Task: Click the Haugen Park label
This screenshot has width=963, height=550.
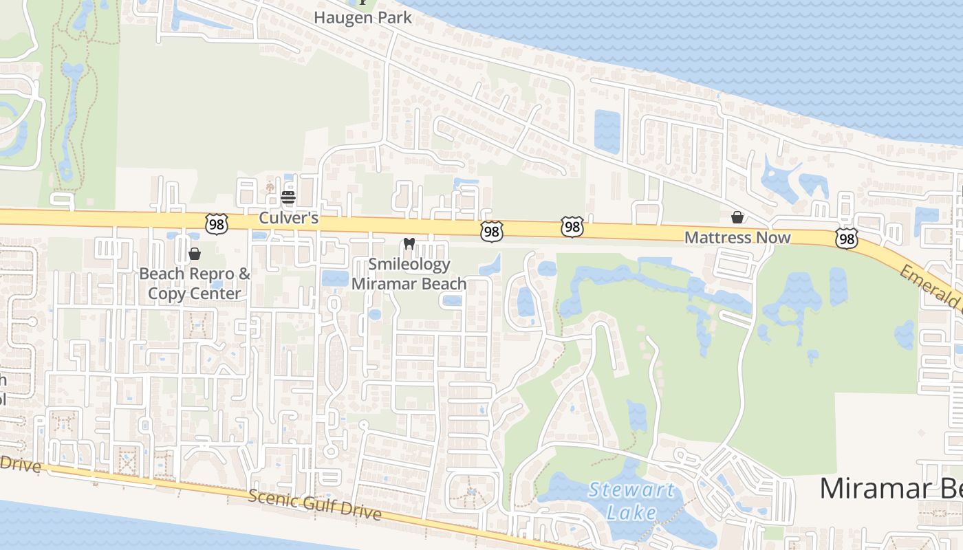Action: coord(363,17)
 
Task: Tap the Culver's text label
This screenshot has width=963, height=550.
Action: coord(289,218)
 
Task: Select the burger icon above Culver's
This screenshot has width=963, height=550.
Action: coord(288,198)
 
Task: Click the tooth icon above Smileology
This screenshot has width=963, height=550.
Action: coord(409,243)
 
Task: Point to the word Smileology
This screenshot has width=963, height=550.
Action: coord(409,264)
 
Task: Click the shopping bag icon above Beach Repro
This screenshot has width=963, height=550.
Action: coord(195,254)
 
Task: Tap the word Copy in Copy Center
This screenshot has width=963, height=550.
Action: coord(167,294)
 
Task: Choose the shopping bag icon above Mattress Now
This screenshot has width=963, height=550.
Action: coord(737,217)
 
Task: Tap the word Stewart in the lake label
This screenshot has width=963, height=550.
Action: coord(631,491)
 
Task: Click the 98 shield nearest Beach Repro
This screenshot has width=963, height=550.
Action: coord(216,223)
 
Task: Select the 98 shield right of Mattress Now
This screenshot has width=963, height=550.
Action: coord(847,238)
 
